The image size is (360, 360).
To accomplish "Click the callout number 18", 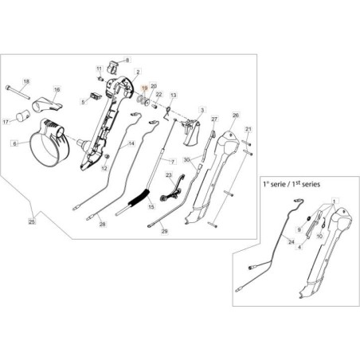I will pyautogui.click(x=25, y=82).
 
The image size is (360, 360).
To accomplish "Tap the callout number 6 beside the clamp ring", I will pyautogui.click(x=14, y=143).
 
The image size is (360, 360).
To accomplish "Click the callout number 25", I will pyautogui.click(x=31, y=221).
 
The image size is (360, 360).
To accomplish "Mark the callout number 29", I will pyautogui.click(x=165, y=231).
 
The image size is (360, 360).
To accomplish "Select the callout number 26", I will pyautogui.click(x=235, y=115).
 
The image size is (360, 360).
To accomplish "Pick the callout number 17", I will pyautogui.click(x=6, y=122).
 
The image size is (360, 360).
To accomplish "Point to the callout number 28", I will pyautogui.click(x=102, y=225).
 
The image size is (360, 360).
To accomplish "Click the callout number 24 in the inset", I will pyautogui.click(x=290, y=240).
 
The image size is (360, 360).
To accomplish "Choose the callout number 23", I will pyautogui.click(x=168, y=174).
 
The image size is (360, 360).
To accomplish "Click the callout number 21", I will pyautogui.click(x=248, y=128).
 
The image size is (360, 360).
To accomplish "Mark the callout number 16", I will pyautogui.click(x=57, y=90).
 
